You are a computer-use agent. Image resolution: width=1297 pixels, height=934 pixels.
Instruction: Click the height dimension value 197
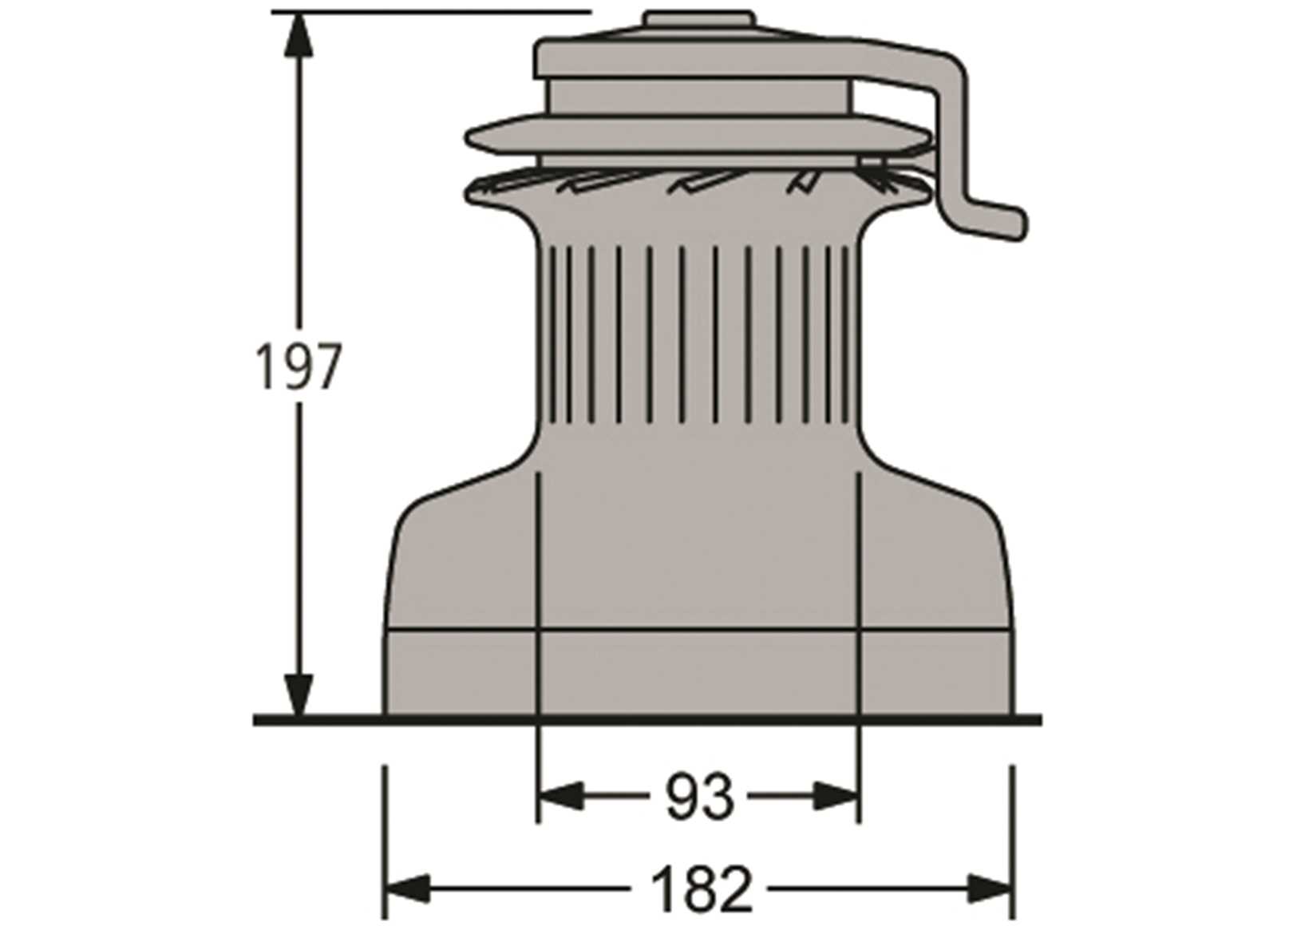(297, 367)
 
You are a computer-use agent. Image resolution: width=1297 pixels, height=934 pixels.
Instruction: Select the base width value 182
(702, 888)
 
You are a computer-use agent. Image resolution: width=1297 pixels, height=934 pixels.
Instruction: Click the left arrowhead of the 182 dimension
(407, 887)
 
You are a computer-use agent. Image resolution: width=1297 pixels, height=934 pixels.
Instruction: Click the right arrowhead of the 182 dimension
(990, 887)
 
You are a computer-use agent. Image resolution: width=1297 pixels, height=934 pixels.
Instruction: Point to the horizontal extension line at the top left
(431, 12)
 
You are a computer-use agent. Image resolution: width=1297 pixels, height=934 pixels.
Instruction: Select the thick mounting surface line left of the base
(319, 720)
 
